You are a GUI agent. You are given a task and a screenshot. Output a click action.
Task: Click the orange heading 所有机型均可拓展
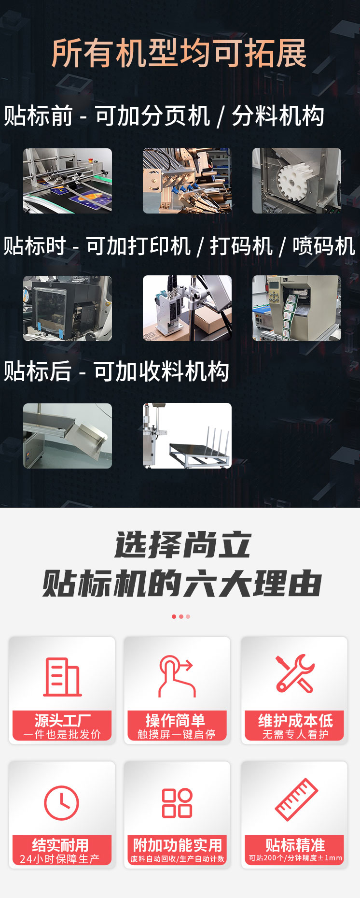tap(179, 53)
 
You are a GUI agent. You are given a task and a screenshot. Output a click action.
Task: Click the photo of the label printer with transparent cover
tap(68, 308)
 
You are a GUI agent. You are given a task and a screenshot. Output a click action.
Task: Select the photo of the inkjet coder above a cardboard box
tap(187, 308)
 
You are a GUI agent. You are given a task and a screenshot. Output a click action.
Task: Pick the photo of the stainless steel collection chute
tap(68, 436)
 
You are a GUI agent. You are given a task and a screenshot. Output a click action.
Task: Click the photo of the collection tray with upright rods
tap(187, 436)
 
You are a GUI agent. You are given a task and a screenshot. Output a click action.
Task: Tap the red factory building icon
tap(62, 677)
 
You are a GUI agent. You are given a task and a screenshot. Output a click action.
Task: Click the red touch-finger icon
tap(177, 676)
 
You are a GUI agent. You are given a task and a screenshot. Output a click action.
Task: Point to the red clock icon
tap(61, 803)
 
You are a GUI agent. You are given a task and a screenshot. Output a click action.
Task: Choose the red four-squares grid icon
tap(177, 803)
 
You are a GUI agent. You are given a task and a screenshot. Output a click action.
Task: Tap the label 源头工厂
tap(62, 720)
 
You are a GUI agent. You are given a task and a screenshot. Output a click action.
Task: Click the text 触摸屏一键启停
tap(177, 734)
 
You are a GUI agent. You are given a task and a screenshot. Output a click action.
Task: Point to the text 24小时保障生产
tap(60, 859)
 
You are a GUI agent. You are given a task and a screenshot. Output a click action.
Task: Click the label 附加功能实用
tap(178, 845)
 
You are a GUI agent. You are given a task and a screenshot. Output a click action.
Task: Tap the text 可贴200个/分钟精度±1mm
tap(295, 858)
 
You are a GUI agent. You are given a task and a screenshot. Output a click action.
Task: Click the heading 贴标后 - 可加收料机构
tap(116, 371)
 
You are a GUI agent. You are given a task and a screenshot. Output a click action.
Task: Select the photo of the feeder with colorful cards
tap(68, 181)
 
